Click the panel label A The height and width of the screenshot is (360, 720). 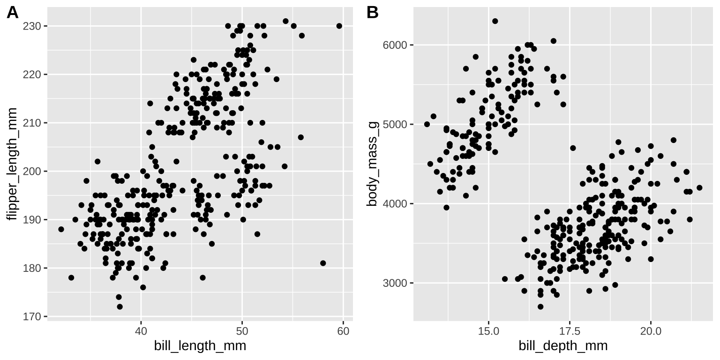[x=13, y=13]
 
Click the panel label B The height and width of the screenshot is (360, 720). [x=372, y=13]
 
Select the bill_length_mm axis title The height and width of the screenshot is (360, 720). [x=200, y=346]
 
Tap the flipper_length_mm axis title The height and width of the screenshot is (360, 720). [x=12, y=164]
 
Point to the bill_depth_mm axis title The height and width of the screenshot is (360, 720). [x=563, y=346]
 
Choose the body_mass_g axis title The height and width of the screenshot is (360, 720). [x=373, y=164]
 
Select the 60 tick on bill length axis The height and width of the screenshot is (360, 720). [x=343, y=330]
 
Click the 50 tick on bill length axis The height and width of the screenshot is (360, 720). [x=242, y=330]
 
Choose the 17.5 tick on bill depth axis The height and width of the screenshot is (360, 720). [x=570, y=330]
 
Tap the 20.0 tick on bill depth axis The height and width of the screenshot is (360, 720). [x=650, y=330]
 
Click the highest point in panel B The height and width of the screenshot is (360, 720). [x=495, y=21]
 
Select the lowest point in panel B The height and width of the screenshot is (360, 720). [x=540, y=307]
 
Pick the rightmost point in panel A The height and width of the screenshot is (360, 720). [x=339, y=26]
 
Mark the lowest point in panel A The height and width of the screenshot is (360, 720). [x=120, y=307]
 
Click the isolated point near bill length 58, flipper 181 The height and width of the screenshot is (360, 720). [x=323, y=263]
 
